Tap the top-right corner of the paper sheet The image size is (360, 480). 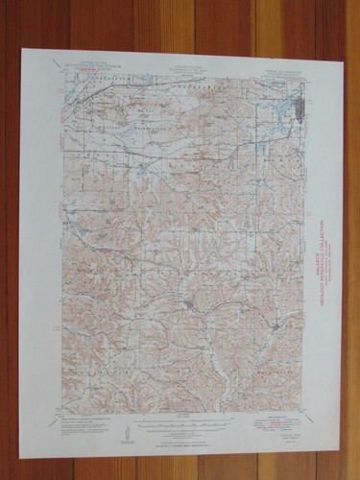[x=342, y=50]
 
